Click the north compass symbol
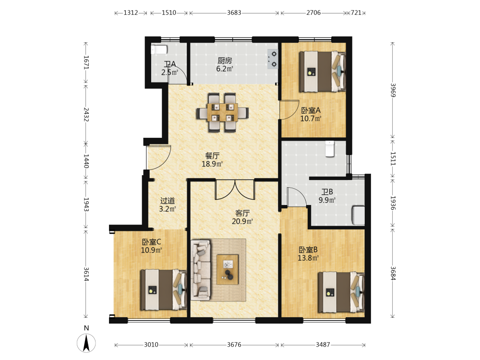point(86,343)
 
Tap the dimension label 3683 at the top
point(234,13)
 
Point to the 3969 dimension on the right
point(393,90)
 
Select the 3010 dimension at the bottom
point(151,345)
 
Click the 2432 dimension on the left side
point(86,114)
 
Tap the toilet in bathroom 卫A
point(159,49)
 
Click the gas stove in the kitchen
point(273,59)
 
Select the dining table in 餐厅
point(222,113)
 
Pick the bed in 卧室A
point(323,72)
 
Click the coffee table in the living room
point(228,269)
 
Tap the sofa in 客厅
point(201,270)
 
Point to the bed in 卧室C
point(164,290)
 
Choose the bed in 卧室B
point(341,292)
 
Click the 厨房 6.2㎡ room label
point(225,65)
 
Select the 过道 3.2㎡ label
point(168,205)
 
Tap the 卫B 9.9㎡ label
point(327,196)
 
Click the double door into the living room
point(235,190)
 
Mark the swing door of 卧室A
point(289,109)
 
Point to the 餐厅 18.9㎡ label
point(212,160)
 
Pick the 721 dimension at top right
point(356,13)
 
